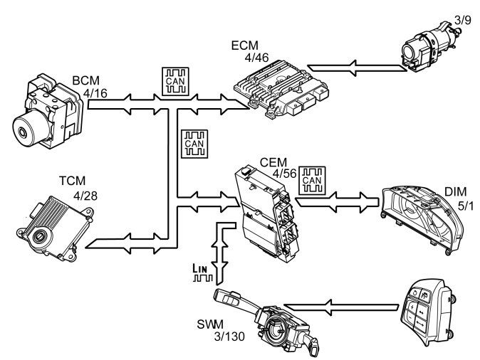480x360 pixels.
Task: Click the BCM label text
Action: pyautogui.click(x=85, y=80)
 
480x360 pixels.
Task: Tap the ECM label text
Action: pyautogui.click(x=244, y=46)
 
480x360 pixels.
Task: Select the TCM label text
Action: pyautogui.click(x=72, y=181)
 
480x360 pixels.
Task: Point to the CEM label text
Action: pyautogui.click(x=273, y=162)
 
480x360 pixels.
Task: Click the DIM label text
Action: pyautogui.click(x=455, y=192)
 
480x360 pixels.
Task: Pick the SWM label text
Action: pyautogui.click(x=210, y=324)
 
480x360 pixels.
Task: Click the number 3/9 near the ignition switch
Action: pyautogui.click(x=462, y=20)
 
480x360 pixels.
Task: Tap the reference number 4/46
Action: pyautogui.click(x=256, y=58)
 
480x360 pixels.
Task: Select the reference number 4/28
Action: pyautogui.click(x=85, y=196)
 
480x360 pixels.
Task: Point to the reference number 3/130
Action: pyautogui.click(x=229, y=337)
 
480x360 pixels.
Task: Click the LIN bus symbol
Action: pyautogui.click(x=202, y=272)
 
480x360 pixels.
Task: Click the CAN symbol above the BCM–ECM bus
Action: pyautogui.click(x=175, y=82)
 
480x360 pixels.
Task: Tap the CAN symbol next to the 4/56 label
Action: pyautogui.click(x=312, y=181)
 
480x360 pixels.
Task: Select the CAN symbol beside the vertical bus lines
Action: pyautogui.click(x=194, y=144)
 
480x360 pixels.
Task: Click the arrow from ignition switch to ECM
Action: pyautogui.click(x=358, y=68)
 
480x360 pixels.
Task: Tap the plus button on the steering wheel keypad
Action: pyautogui.click(x=412, y=307)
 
